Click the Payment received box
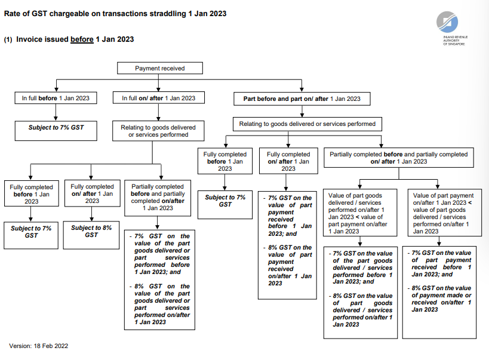[159, 68]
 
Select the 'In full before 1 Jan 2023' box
[56, 98]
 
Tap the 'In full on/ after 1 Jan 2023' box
[158, 98]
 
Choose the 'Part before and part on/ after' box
[302, 98]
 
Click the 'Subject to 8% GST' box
[91, 231]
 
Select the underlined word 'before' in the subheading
[82, 39]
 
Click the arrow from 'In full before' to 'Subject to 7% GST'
[56, 112]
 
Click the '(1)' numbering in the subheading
[8, 39]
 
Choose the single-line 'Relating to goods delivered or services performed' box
[307, 124]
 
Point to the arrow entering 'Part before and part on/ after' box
[302, 87]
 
